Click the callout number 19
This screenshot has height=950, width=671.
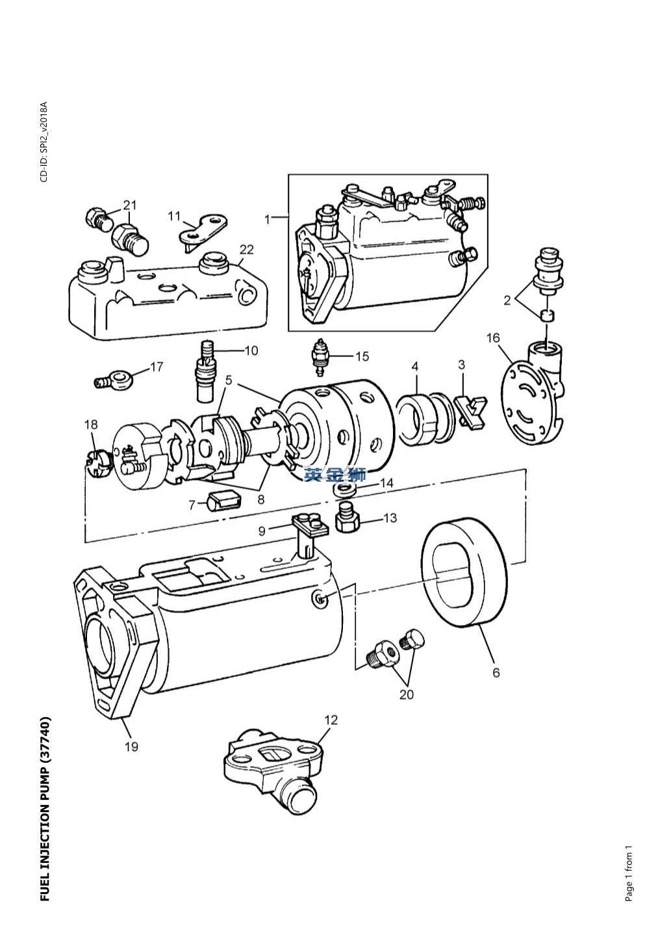tap(131, 746)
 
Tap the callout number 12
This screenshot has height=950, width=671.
tap(331, 720)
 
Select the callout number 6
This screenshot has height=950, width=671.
tap(496, 672)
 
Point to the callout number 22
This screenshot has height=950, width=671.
tap(246, 249)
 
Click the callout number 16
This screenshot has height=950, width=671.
tap(493, 337)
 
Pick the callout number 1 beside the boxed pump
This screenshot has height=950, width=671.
tap(267, 219)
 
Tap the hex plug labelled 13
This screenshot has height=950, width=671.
tap(346, 519)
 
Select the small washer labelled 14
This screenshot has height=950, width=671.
tap(340, 489)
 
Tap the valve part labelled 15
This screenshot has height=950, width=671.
tap(321, 356)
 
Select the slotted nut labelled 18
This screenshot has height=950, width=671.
tap(96, 464)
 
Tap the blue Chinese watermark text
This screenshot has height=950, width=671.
tap(335, 475)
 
